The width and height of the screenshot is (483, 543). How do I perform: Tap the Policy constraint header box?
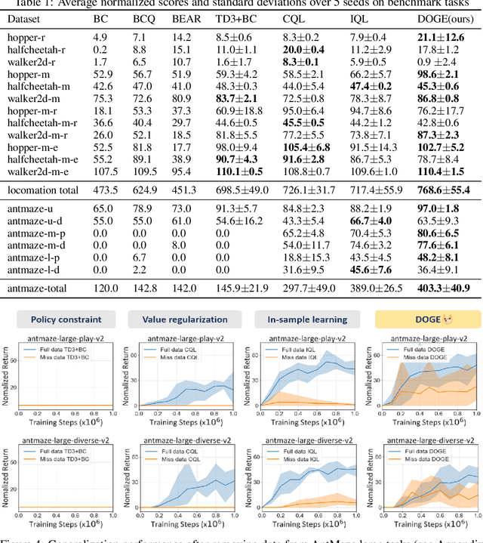tap(60, 319)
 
